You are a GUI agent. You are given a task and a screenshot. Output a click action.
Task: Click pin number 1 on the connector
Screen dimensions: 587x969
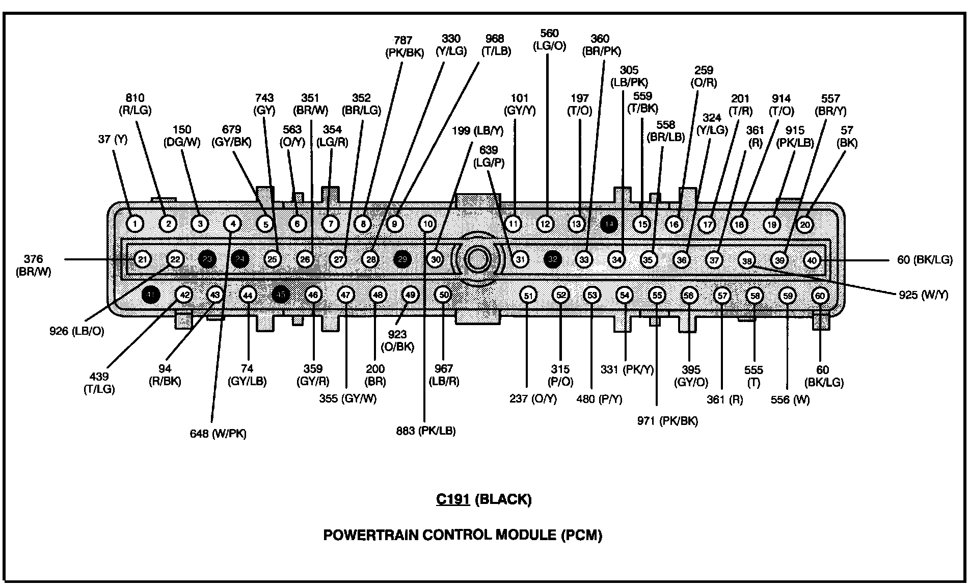(x=135, y=223)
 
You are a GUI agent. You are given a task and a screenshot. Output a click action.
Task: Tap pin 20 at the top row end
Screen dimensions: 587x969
(x=804, y=224)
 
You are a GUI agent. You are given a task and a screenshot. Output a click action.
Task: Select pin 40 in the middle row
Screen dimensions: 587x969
(x=812, y=260)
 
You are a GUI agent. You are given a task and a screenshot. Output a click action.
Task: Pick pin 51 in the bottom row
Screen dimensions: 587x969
(x=529, y=296)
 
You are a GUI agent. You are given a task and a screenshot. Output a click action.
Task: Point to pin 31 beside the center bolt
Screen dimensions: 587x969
(x=520, y=259)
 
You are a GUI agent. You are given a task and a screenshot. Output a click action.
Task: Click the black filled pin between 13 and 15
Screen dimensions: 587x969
(x=609, y=224)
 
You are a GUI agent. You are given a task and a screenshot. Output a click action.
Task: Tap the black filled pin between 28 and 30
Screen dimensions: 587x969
(x=402, y=259)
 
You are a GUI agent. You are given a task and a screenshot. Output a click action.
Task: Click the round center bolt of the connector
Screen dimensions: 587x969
(x=477, y=259)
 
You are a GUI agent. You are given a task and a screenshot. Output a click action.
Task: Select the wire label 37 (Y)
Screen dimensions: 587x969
(x=113, y=139)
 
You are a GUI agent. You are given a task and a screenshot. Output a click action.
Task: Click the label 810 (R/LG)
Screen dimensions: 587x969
(x=135, y=103)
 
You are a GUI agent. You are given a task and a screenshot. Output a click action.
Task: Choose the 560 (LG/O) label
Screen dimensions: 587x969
(x=549, y=39)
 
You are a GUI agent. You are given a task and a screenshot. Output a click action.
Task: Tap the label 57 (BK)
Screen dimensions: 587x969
(x=847, y=137)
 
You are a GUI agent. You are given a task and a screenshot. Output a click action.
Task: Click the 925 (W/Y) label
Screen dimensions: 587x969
(x=923, y=295)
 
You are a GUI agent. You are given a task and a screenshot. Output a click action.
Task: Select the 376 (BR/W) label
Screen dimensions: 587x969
(x=33, y=265)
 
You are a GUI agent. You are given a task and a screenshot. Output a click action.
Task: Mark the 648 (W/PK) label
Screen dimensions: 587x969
(x=218, y=434)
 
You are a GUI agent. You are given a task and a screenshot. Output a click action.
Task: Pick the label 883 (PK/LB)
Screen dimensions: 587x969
(x=426, y=431)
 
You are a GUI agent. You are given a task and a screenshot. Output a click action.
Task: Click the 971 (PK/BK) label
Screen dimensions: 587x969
(x=667, y=420)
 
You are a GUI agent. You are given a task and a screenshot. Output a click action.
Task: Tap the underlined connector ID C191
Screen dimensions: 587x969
(x=452, y=499)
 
